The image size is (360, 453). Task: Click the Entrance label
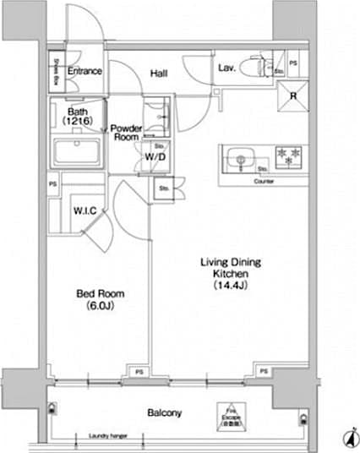(84, 72)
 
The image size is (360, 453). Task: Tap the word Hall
(158, 74)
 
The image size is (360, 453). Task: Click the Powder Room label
(126, 134)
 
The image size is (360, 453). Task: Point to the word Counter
(265, 181)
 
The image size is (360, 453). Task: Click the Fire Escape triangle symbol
(227, 410)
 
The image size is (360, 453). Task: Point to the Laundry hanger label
(106, 437)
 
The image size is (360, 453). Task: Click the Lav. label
(226, 68)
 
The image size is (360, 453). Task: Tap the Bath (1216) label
(77, 116)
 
